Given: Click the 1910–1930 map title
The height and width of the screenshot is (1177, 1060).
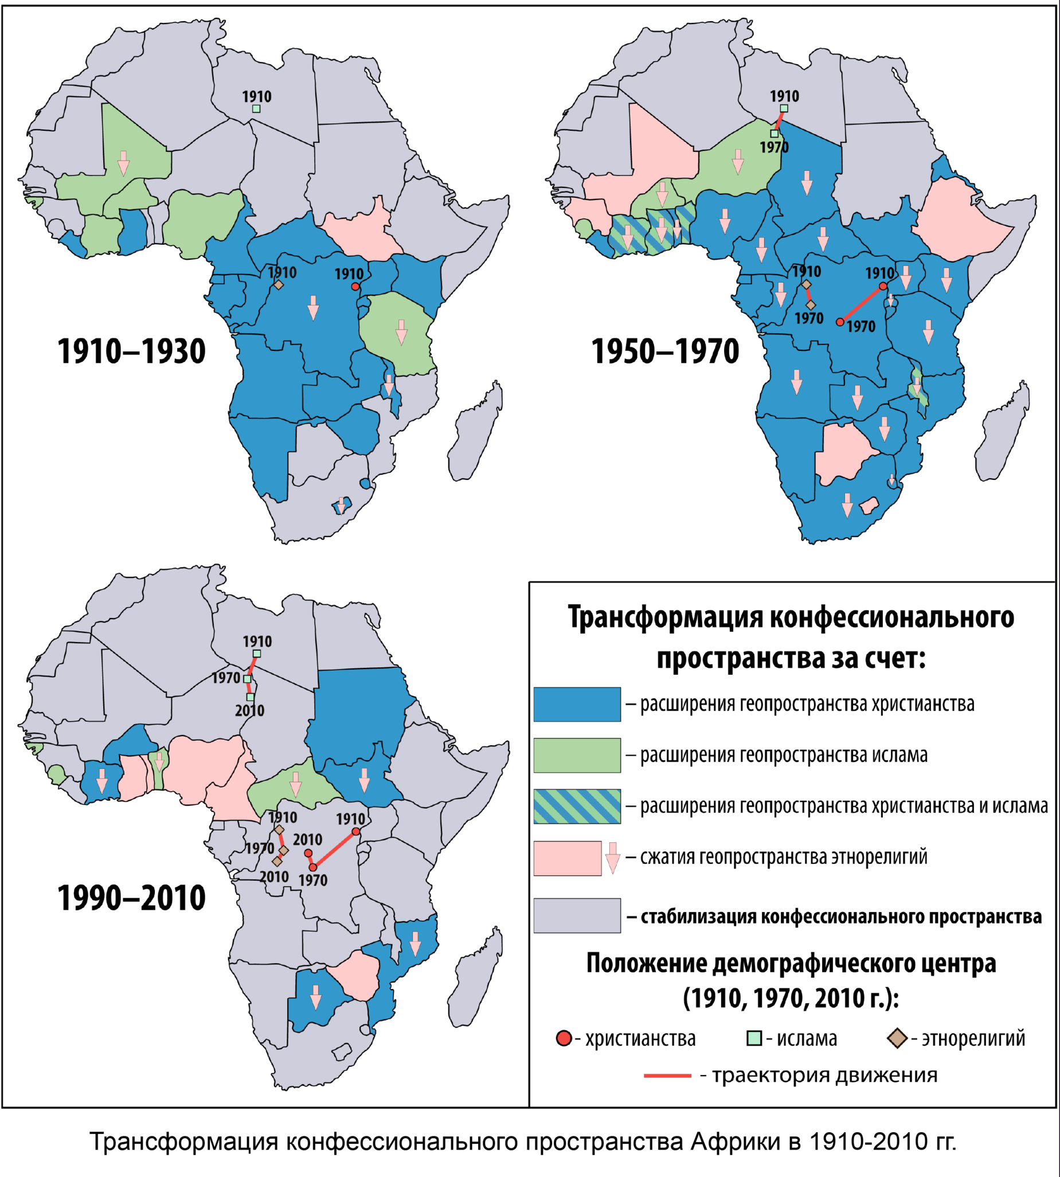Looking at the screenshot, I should pyautogui.click(x=132, y=351).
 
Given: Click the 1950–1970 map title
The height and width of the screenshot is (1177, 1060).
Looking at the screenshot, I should pyautogui.click(x=665, y=351).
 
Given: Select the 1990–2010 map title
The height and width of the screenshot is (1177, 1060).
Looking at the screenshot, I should pyautogui.click(x=132, y=897).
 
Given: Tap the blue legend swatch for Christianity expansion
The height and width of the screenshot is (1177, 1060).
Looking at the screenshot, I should pyautogui.click(x=577, y=704).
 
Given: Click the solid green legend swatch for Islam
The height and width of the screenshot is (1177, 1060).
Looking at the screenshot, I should pyautogui.click(x=577, y=756).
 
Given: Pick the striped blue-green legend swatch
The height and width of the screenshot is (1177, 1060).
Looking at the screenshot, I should pyautogui.click(x=577, y=806).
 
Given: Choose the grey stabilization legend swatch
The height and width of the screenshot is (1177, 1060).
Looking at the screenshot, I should pyautogui.click(x=577, y=916).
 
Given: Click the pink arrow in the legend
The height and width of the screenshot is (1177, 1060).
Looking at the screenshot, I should pyautogui.click(x=612, y=857).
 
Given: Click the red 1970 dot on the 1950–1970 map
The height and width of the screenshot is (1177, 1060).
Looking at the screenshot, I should pyautogui.click(x=840, y=322).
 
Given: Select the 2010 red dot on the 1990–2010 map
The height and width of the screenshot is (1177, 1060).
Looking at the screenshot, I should pyautogui.click(x=308, y=853).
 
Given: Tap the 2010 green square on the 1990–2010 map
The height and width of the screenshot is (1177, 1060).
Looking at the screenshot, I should pyautogui.click(x=250, y=697).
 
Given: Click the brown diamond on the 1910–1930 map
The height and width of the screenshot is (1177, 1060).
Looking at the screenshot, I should pyautogui.click(x=279, y=285).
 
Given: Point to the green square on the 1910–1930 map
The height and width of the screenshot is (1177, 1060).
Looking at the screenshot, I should pyautogui.click(x=256, y=108).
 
